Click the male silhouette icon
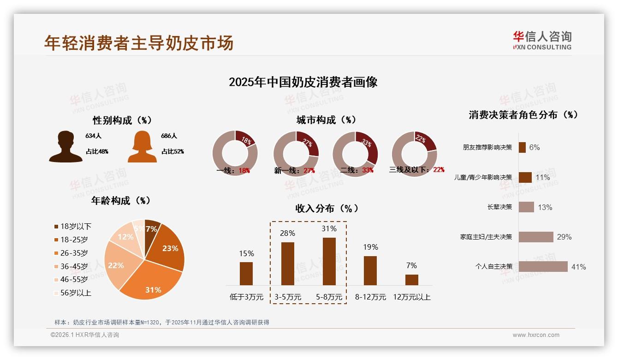(x=65, y=146)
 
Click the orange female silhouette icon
(x=142, y=146)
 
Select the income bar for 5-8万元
(x=329, y=261)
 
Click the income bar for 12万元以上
(x=412, y=280)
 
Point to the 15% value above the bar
(x=246, y=253)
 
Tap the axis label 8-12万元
(x=370, y=297)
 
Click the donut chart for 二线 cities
(x=355, y=154)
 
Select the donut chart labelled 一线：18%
(x=235, y=153)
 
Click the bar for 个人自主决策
(x=543, y=267)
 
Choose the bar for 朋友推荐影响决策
(x=522, y=147)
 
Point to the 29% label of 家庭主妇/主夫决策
(x=564, y=237)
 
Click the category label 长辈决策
(x=499, y=207)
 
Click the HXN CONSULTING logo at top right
(x=542, y=41)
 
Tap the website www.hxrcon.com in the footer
(x=536, y=335)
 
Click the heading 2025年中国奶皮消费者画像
(x=303, y=82)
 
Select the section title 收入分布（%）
(x=327, y=208)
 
